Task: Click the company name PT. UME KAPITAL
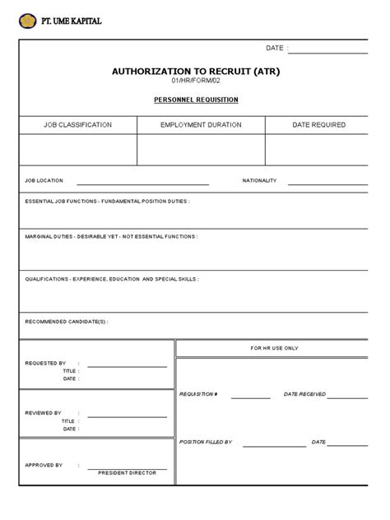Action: point(72,21)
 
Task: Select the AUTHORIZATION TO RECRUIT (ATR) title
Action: point(196,72)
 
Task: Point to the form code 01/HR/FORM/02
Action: point(196,82)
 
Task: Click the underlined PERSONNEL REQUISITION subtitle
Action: point(196,100)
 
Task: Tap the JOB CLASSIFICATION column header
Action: point(78,125)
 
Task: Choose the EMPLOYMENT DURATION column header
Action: point(201,125)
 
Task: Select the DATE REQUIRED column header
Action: point(318,125)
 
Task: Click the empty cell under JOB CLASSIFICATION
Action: point(78,150)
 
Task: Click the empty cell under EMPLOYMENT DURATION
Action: point(201,150)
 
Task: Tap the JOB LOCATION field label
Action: point(44,180)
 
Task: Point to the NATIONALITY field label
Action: point(259,180)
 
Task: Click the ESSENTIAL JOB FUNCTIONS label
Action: point(107,201)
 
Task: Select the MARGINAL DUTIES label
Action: point(111,236)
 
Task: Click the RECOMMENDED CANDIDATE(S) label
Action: point(66,322)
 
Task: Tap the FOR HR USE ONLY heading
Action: point(275,348)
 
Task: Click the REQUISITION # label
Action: point(198,395)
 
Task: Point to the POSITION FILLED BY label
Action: point(206,442)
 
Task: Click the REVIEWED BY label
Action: point(44,412)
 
